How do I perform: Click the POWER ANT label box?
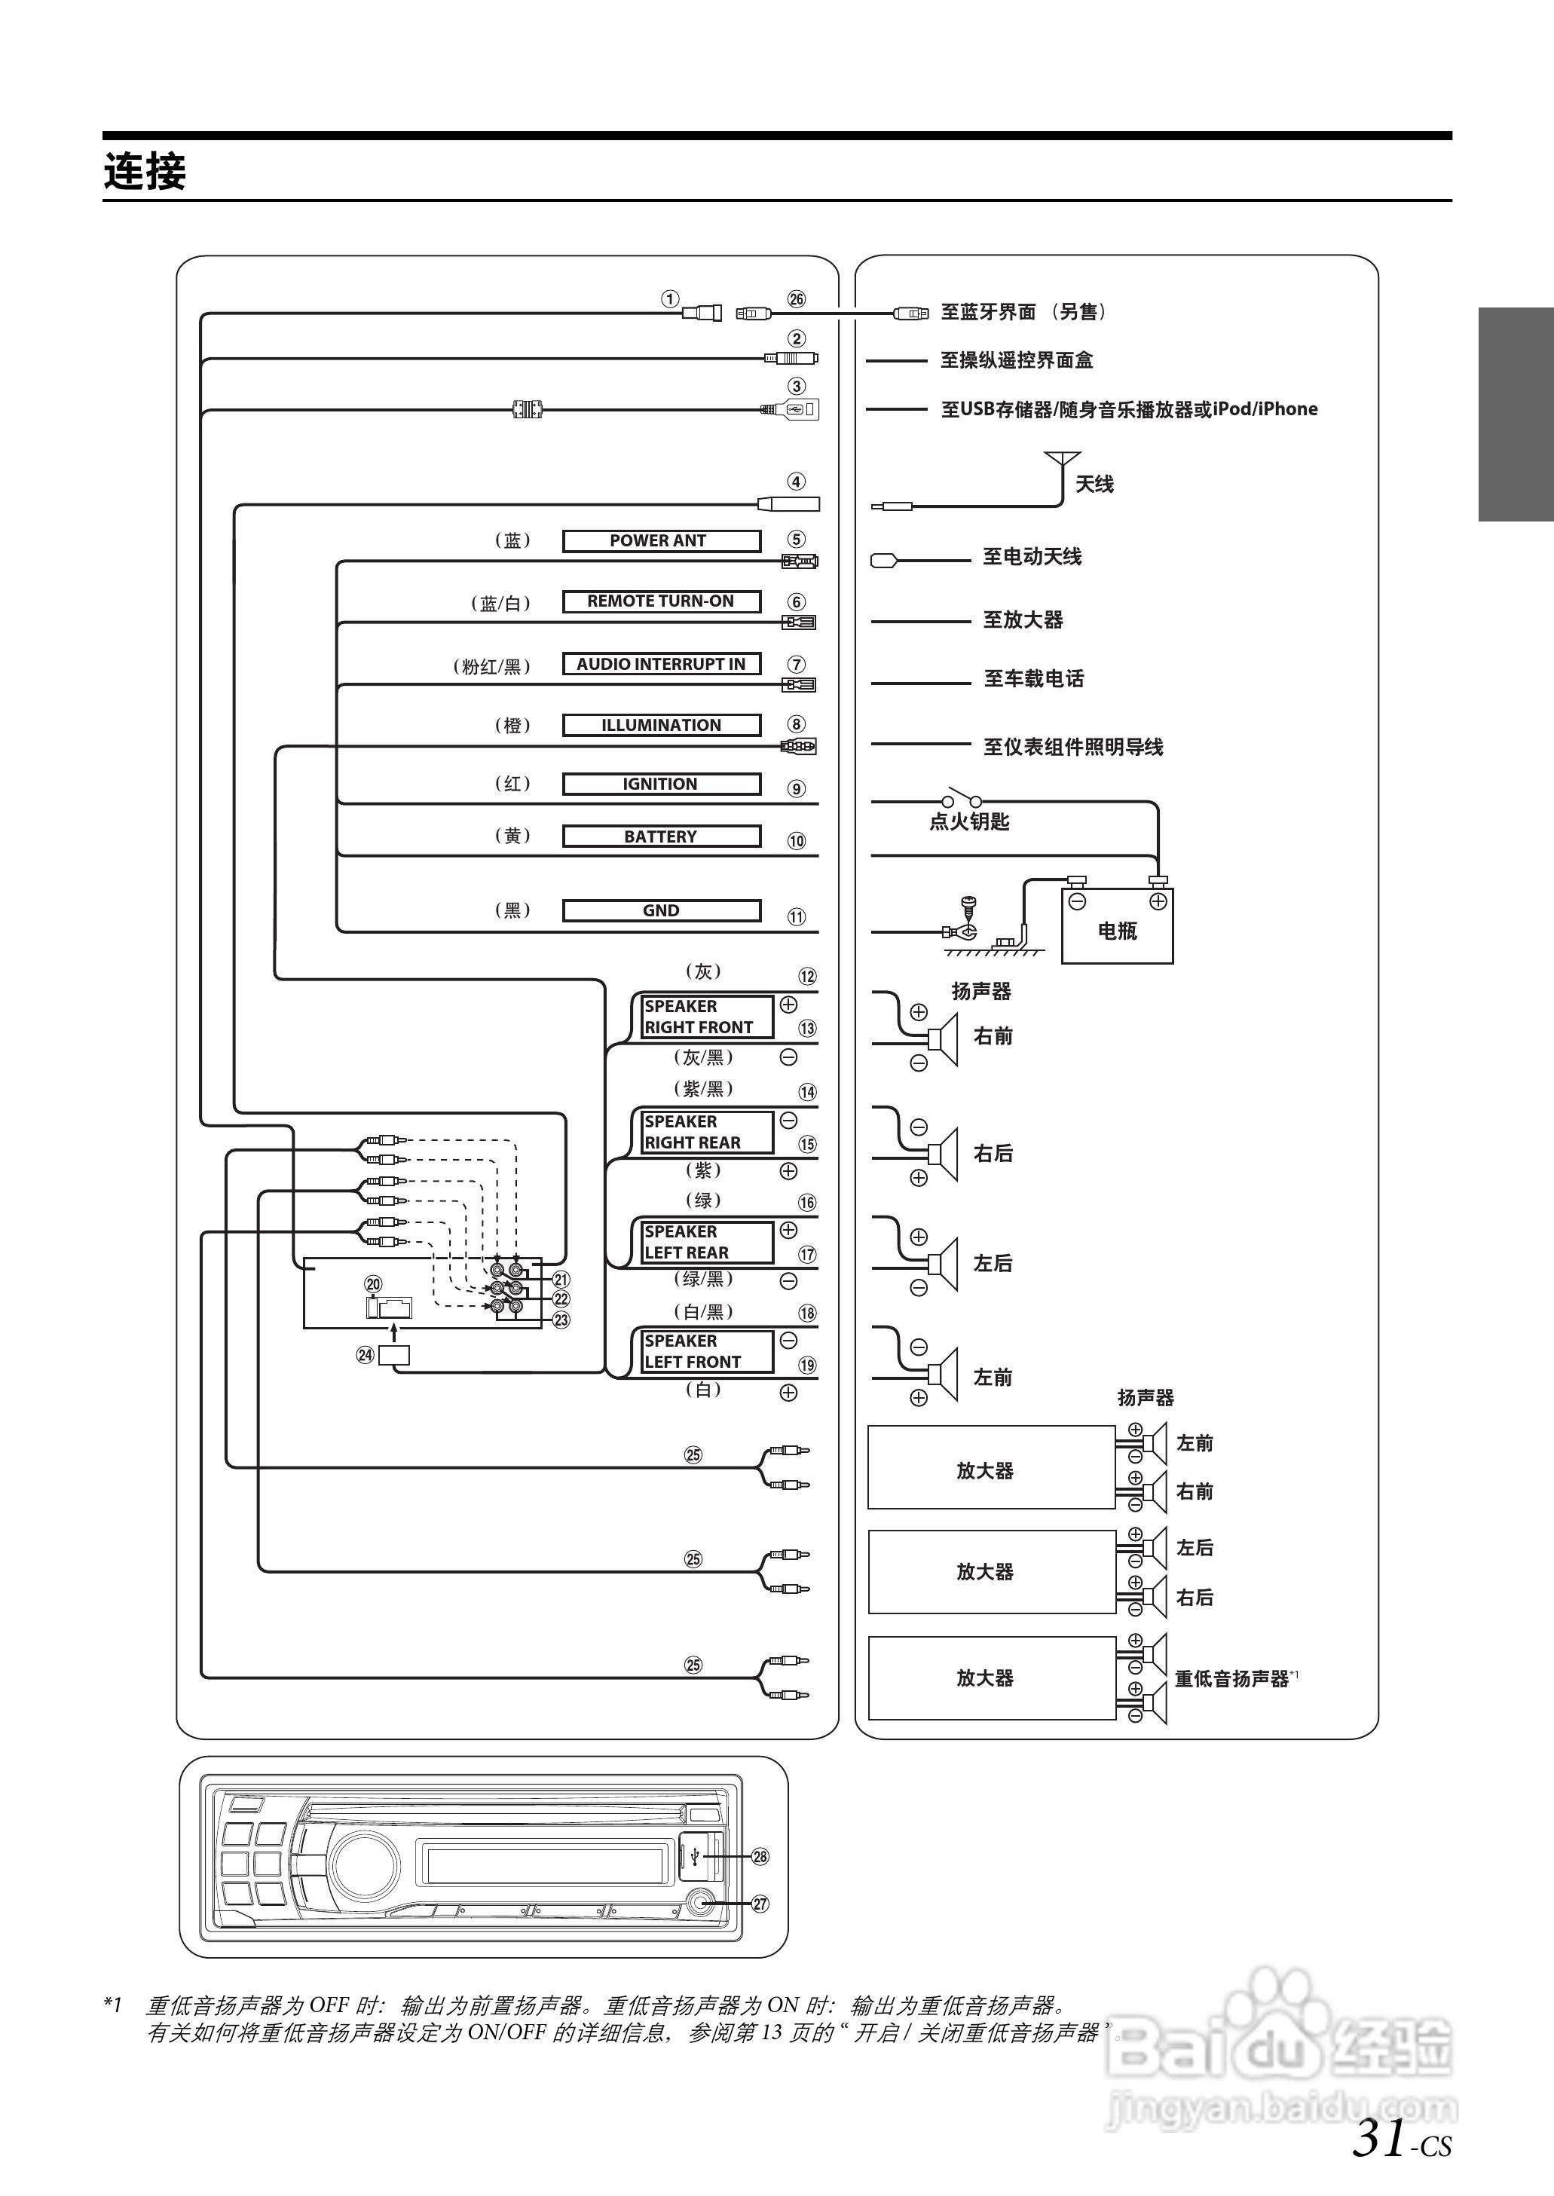660,540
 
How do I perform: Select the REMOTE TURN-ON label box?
660,601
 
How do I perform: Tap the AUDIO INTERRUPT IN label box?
660,664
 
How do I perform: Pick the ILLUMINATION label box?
660,724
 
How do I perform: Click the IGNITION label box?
660,784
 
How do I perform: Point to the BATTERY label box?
660,836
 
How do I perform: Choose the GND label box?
660,910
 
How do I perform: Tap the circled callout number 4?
796,482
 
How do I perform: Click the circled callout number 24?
366,1354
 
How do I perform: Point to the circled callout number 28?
760,1856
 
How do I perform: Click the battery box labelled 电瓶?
1117,925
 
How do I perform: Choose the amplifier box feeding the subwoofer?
990,1678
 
